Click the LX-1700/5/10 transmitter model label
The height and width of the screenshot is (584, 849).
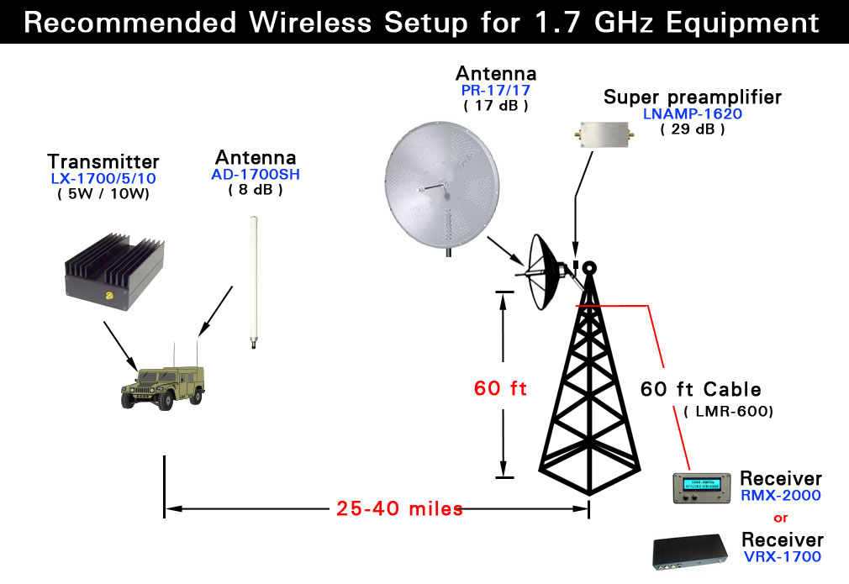click(103, 179)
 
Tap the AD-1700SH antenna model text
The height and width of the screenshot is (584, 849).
click(256, 174)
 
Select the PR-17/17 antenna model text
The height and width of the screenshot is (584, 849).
click(495, 91)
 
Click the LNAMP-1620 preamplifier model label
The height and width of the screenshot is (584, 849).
click(693, 114)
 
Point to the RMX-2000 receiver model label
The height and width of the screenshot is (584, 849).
click(781, 495)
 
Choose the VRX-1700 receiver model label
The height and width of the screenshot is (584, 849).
click(783, 556)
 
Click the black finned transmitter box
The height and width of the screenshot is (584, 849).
click(115, 271)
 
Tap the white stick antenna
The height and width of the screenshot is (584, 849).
click(253, 282)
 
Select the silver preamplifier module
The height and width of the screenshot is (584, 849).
click(604, 134)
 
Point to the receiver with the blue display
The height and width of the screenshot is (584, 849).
click(702, 487)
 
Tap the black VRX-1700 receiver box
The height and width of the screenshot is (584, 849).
click(690, 553)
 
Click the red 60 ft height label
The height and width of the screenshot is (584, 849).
click(500, 388)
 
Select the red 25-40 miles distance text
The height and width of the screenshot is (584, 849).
click(399, 508)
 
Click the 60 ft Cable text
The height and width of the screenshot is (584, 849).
click(701, 389)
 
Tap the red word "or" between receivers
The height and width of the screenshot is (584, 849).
click(781, 518)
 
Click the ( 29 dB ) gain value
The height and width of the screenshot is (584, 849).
click(693, 129)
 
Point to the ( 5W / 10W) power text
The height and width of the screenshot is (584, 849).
click(103, 194)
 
